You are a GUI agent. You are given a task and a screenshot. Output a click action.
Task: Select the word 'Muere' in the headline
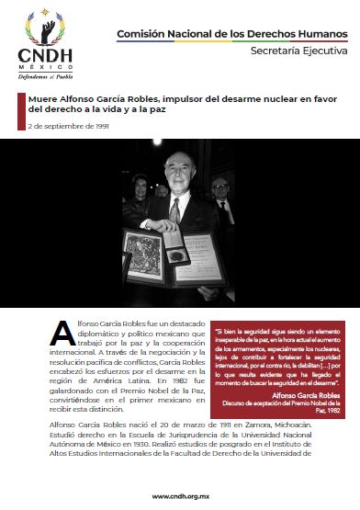coord(45,96)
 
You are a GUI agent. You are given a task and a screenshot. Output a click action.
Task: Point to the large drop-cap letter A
coord(61,334)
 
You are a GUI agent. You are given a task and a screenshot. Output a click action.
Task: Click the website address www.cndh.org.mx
coord(180,495)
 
